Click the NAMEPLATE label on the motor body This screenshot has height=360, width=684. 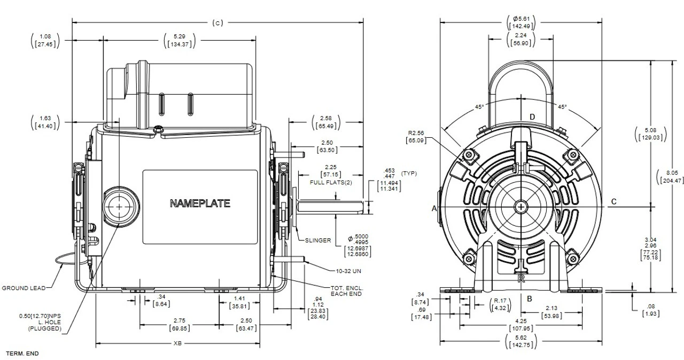click(x=200, y=204)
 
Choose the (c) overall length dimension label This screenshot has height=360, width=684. click(x=217, y=22)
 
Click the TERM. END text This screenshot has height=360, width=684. click(x=22, y=354)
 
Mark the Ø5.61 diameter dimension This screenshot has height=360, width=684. click(x=521, y=19)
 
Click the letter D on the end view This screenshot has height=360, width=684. click(x=532, y=116)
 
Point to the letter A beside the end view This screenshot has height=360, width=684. click(x=434, y=209)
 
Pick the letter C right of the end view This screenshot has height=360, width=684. click(x=614, y=201)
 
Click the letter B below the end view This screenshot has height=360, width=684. click(x=529, y=298)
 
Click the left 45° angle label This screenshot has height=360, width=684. click(x=479, y=107)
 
